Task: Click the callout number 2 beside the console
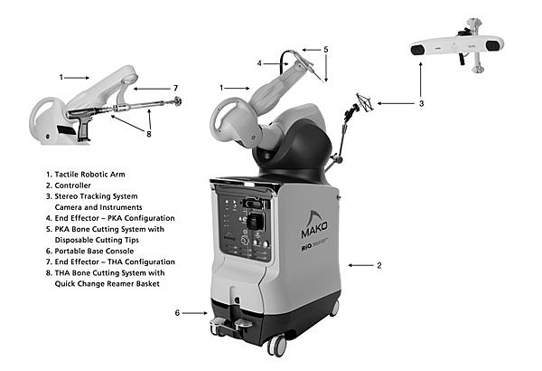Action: [378, 265]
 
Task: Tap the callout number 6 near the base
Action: [177, 313]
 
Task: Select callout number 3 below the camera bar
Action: [420, 104]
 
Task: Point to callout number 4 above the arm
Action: [259, 63]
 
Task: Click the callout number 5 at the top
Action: [325, 49]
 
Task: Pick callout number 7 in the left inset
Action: [175, 88]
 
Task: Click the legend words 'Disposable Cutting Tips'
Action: [102, 239]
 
